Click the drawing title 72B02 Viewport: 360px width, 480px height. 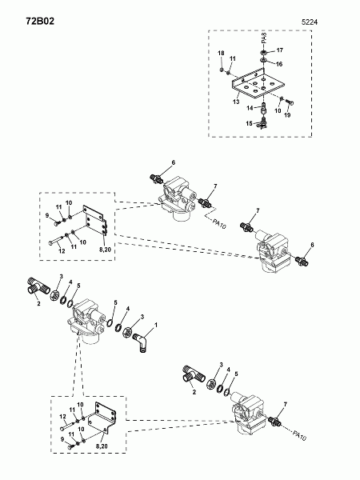(40, 21)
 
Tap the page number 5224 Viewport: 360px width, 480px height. (310, 22)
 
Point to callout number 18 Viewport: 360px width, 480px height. (221, 54)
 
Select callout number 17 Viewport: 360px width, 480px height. (280, 50)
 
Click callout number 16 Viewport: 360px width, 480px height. (279, 64)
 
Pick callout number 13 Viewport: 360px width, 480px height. (236, 102)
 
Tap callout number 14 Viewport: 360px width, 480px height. (250, 108)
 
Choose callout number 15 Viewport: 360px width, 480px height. (249, 123)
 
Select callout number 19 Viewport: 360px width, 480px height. (287, 115)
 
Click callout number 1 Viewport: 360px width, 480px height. (156, 325)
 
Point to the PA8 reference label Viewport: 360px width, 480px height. (264, 38)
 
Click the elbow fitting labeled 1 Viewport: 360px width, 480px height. (141, 342)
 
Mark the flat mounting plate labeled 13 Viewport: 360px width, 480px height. (258, 85)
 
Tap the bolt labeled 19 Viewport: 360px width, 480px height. (290, 102)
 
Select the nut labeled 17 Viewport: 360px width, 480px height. (264, 51)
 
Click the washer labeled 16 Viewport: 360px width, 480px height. (264, 59)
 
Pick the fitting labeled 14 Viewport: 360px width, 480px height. (264, 108)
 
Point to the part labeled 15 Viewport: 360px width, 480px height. (263, 122)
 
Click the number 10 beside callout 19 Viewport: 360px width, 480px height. (278, 110)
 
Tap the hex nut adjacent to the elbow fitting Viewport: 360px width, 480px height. (128, 331)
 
